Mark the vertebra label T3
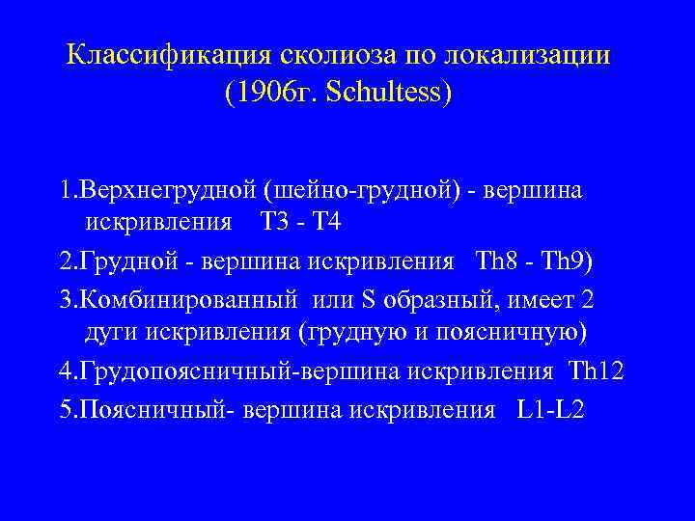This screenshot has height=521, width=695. point(276,223)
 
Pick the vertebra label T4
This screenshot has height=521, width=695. point(326,223)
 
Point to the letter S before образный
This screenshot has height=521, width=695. point(369,300)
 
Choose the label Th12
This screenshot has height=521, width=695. point(598,371)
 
